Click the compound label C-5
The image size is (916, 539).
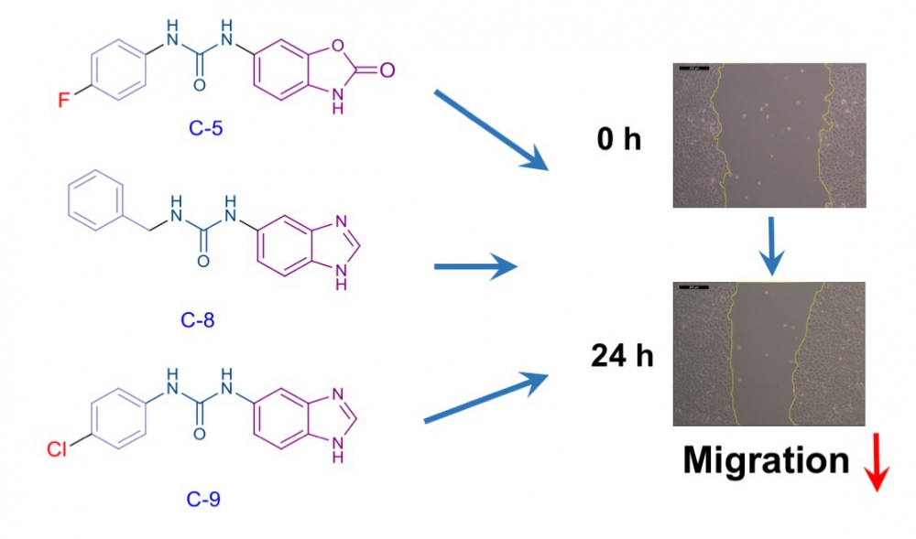click(205, 128)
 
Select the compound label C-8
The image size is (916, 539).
click(198, 320)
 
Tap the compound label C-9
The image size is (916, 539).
click(203, 500)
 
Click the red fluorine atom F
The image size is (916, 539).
click(64, 101)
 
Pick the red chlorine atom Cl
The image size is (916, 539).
click(57, 449)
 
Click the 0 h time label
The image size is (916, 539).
click(618, 139)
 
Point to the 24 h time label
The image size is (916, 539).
click(622, 355)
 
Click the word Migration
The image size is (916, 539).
click(766, 461)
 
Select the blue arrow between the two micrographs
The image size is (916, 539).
click(771, 246)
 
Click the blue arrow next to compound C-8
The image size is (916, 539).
click(475, 266)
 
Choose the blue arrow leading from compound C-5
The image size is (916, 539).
click(491, 131)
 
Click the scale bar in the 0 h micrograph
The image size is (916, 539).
click(694, 69)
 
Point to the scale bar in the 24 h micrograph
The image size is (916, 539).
click(693, 287)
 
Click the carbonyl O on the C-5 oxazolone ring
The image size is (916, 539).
click(387, 70)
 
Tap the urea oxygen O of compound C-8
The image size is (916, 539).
click(202, 261)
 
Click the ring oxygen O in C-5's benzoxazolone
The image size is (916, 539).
click(337, 45)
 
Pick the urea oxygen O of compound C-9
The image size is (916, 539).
click(199, 434)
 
